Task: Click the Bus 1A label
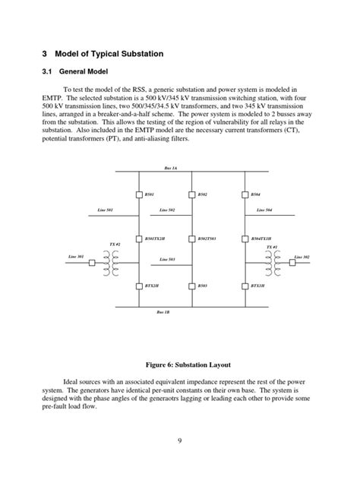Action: coord(171,168)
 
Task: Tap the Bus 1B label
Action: coord(163,312)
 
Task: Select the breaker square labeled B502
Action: coord(193,194)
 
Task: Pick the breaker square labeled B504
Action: coord(246,194)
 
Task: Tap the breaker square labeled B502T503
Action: coord(193,238)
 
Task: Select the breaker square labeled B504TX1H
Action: coord(246,238)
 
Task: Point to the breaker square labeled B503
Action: coord(193,286)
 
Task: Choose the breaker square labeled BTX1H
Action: coord(246,286)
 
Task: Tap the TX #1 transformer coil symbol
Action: coord(271,262)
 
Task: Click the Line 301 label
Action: coord(76,257)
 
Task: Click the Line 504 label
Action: coord(264,209)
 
